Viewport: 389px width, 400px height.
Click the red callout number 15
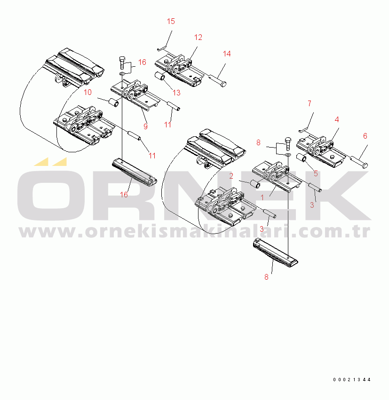coord(171,21)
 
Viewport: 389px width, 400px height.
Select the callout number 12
coord(198,37)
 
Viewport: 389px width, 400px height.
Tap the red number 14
coord(227,54)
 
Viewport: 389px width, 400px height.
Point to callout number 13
coord(176,93)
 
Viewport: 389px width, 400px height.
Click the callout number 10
coord(87,92)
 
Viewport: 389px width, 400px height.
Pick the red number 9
coord(145,126)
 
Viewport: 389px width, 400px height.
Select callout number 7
coord(310,103)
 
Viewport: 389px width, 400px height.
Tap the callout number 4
coord(337,119)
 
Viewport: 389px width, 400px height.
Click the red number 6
coord(365,136)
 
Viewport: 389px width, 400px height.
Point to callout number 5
coord(316,173)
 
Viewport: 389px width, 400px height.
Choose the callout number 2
coord(231,176)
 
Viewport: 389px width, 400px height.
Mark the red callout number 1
coord(262,197)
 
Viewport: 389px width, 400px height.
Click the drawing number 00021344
coord(352,380)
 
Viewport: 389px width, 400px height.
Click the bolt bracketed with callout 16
coord(122,63)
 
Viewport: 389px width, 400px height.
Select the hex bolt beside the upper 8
coord(288,144)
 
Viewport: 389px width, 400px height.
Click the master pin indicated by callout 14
coord(218,80)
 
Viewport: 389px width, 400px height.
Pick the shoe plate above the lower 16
coord(135,173)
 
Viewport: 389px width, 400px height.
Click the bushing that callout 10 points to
coord(114,102)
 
